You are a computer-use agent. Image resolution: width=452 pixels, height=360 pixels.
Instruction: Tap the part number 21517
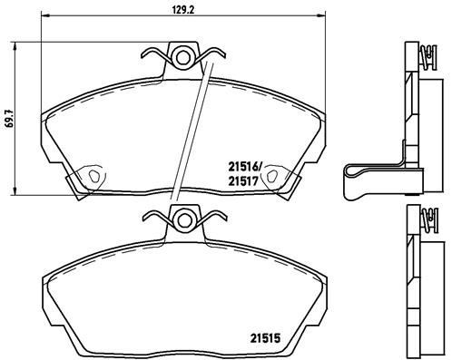tap(243, 180)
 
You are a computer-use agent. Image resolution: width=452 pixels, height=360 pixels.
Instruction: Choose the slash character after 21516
tap(262, 166)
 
